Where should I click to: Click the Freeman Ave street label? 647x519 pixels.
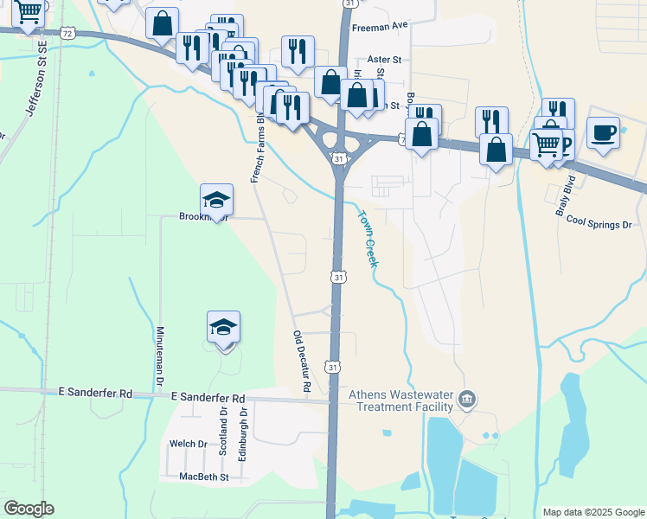tap(379, 27)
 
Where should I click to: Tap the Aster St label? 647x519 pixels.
tap(385, 60)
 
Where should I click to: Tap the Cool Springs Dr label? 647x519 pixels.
tap(599, 223)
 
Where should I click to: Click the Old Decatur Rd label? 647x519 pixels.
tap(301, 362)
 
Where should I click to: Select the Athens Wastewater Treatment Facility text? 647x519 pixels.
tap(400, 400)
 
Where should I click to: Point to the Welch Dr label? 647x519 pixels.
tap(189, 444)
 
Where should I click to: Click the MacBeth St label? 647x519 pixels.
tap(203, 476)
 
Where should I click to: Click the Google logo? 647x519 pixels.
tap(29, 509)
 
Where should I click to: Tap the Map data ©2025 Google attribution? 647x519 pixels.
tap(593, 512)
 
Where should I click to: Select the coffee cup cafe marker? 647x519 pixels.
tap(604, 133)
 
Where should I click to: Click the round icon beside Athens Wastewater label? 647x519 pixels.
tap(468, 399)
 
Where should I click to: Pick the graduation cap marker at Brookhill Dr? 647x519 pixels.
tap(216, 201)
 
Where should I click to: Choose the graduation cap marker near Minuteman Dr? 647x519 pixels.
tap(223, 328)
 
